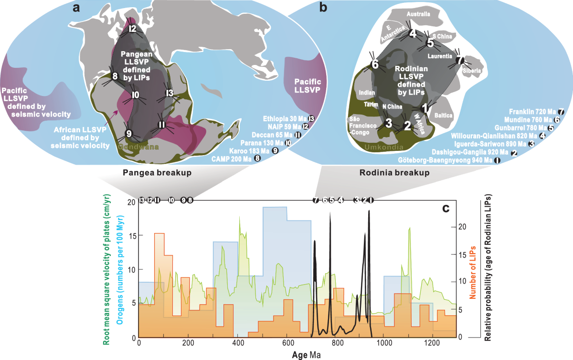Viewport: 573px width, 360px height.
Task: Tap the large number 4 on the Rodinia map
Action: click(x=413, y=33)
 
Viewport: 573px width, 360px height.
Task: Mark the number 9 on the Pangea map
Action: click(x=128, y=133)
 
